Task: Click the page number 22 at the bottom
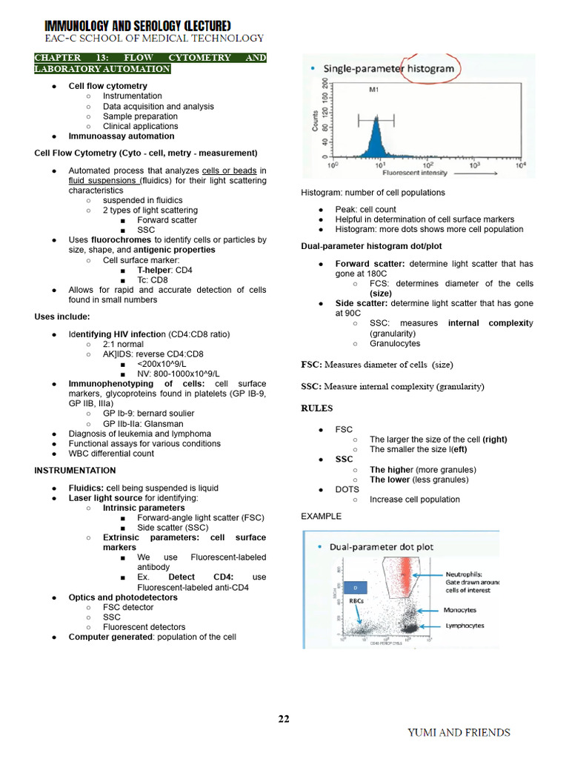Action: click(284, 718)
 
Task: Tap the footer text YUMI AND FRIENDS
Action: click(459, 732)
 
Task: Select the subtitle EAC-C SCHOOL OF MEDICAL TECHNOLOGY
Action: click(154, 39)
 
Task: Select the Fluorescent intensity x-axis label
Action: click(414, 173)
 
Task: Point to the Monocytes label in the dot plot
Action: click(459, 610)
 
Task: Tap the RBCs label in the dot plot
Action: click(356, 602)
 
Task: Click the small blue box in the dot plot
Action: click(356, 587)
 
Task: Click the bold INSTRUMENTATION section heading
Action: click(75, 471)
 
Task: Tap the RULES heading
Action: click(316, 408)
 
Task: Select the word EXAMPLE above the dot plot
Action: click(321, 516)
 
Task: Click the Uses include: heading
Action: click(62, 317)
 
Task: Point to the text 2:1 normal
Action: click(123, 345)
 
